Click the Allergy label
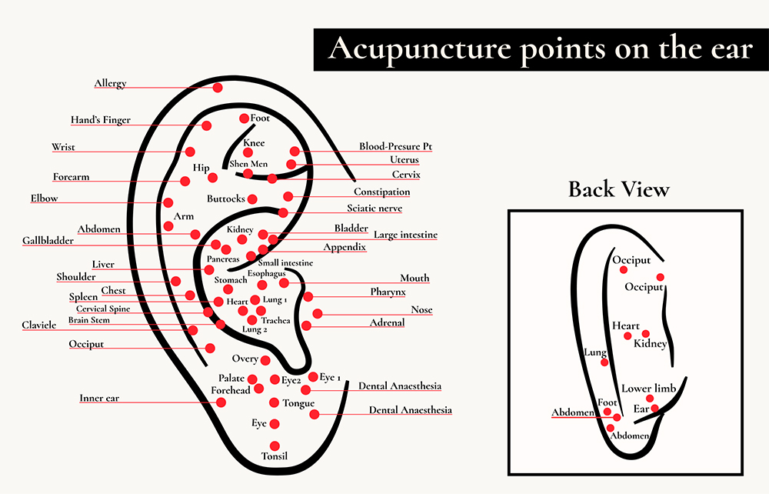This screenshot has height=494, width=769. [x=110, y=83]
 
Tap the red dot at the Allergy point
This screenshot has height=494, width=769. [x=218, y=88]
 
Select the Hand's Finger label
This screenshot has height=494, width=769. [x=101, y=120]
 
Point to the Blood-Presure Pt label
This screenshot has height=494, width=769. [x=396, y=146]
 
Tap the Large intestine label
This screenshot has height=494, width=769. [x=405, y=235]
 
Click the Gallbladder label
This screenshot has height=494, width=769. [x=48, y=241]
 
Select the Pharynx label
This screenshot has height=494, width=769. [x=388, y=292]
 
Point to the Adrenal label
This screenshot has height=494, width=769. [x=387, y=323]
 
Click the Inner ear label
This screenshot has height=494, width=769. [x=99, y=399]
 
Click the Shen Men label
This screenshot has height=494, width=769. [x=248, y=163]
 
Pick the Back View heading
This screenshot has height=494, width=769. [x=619, y=189]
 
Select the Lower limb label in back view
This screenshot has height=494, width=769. [x=648, y=389]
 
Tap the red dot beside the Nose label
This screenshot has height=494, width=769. [x=317, y=313]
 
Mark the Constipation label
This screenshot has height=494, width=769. [x=381, y=192]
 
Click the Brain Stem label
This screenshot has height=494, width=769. [x=88, y=320]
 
